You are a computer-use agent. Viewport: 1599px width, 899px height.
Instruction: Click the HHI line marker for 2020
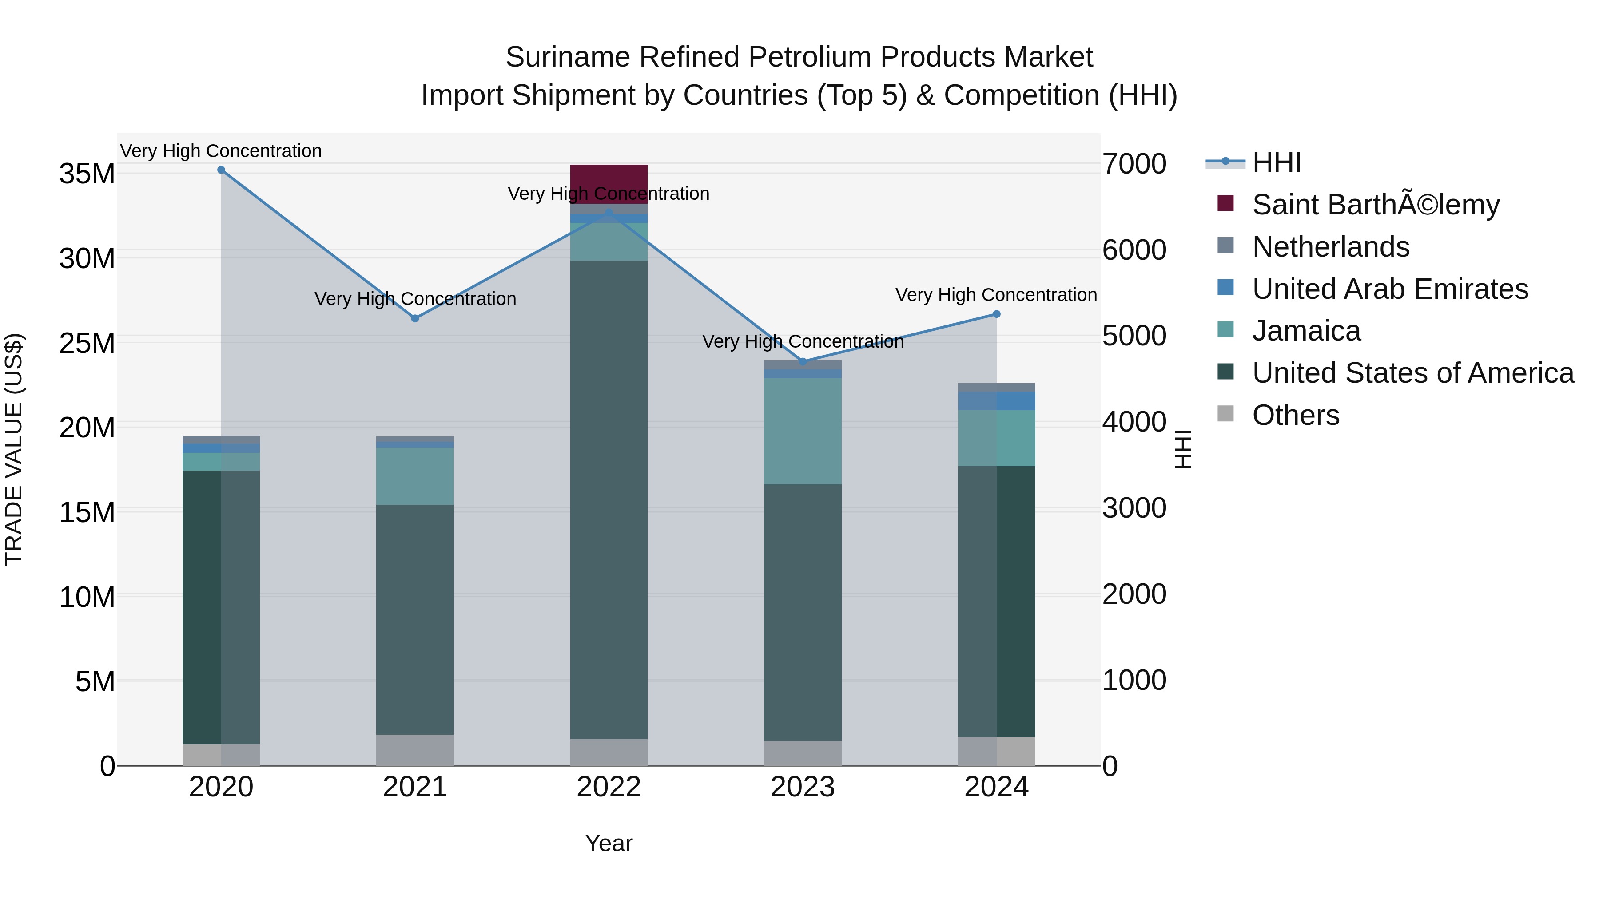click(x=221, y=170)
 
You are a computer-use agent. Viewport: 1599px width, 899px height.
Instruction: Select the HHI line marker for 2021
click(x=415, y=318)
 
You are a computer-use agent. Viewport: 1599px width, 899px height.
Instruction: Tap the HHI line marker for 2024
click(x=996, y=314)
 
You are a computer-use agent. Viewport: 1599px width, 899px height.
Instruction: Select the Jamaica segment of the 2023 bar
click(x=802, y=431)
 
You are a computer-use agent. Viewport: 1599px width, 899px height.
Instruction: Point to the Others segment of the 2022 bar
click(x=609, y=752)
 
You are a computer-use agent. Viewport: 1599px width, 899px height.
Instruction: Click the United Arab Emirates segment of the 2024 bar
click(x=996, y=401)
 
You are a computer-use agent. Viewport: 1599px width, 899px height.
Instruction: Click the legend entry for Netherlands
click(x=1330, y=247)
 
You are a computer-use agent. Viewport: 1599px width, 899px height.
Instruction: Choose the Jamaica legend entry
click(x=1306, y=331)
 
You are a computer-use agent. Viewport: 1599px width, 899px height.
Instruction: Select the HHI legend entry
click(x=1276, y=162)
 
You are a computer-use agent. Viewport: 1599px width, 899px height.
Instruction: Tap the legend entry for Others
click(x=1296, y=415)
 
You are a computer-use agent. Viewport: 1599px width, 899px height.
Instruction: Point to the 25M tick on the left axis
click(x=87, y=343)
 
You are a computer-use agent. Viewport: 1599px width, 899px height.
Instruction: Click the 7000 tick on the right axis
click(x=1134, y=164)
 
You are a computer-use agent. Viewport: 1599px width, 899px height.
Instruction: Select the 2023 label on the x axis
click(x=802, y=787)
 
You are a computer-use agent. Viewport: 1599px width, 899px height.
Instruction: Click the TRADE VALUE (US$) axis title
click(x=14, y=449)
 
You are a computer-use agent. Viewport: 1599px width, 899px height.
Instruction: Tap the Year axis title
click(x=609, y=843)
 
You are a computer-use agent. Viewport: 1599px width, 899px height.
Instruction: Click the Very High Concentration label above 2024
click(x=996, y=295)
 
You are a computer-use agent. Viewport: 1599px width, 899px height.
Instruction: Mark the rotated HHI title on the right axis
click(x=1183, y=449)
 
